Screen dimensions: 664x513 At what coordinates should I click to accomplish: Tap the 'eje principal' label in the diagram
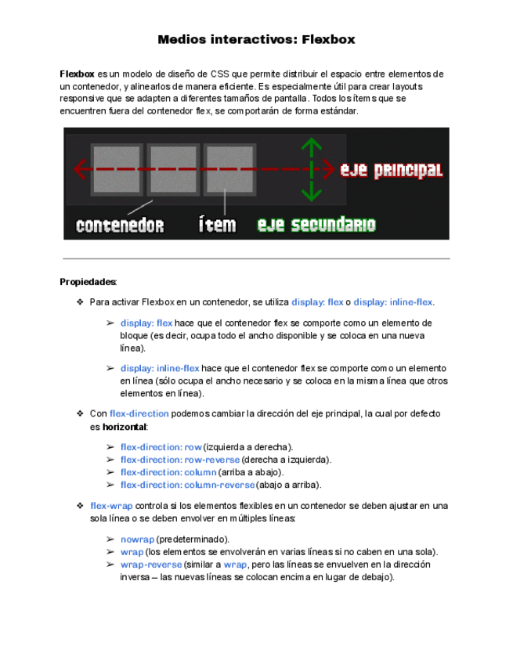[391, 170]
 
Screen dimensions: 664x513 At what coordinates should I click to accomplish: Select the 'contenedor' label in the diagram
[120, 226]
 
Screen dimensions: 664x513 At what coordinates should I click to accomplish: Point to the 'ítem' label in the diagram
[217, 226]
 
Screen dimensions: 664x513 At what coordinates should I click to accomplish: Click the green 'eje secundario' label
[316, 226]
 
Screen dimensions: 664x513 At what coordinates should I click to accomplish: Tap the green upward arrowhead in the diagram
[312, 145]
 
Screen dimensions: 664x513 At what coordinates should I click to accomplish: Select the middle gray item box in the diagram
[173, 168]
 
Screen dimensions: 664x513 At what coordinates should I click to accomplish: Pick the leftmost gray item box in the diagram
[117, 168]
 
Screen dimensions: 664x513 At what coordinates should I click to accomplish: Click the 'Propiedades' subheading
[88, 282]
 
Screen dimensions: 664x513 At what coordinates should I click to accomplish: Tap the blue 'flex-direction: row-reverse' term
[179, 460]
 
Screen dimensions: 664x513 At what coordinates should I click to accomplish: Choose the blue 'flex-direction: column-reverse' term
[187, 485]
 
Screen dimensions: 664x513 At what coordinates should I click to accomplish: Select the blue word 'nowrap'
[137, 539]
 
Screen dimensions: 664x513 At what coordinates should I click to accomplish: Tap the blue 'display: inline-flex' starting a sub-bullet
[160, 368]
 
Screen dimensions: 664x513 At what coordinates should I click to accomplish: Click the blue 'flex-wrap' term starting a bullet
[110, 506]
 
